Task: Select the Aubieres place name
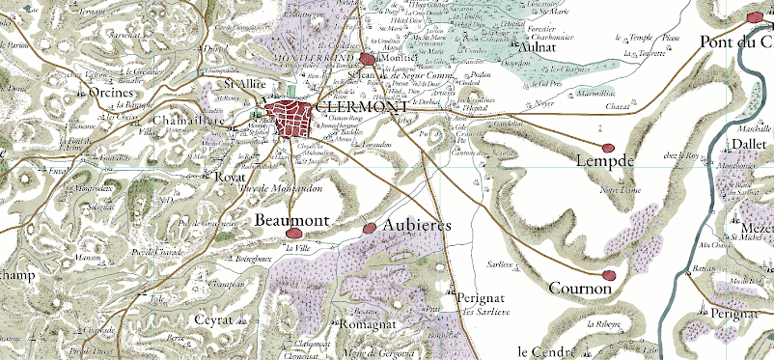pos(417,225)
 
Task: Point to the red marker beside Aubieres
pos(371,228)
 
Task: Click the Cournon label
pos(579,288)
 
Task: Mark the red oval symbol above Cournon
pos(607,275)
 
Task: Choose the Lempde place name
pos(603,161)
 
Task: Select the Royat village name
pos(231,177)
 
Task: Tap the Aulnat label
pos(540,44)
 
